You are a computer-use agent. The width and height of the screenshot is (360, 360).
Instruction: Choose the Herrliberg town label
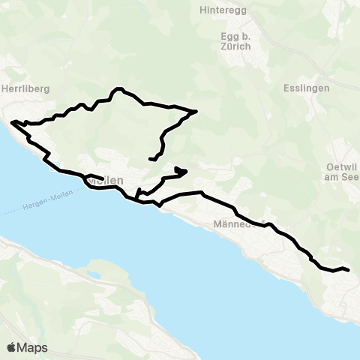tap(25, 88)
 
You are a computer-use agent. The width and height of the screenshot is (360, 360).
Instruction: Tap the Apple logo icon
tap(12, 347)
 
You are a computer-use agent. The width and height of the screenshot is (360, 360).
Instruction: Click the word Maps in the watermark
tap(33, 347)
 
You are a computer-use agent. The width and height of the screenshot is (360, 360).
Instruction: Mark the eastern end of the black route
tap(349, 270)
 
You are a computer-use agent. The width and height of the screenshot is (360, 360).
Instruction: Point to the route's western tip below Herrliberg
tap(12, 121)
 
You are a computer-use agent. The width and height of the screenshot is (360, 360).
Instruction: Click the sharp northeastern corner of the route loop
tap(196, 111)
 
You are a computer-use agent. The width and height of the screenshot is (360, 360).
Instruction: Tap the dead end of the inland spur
tap(151, 159)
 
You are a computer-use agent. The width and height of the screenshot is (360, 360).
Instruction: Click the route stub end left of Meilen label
tap(102, 178)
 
